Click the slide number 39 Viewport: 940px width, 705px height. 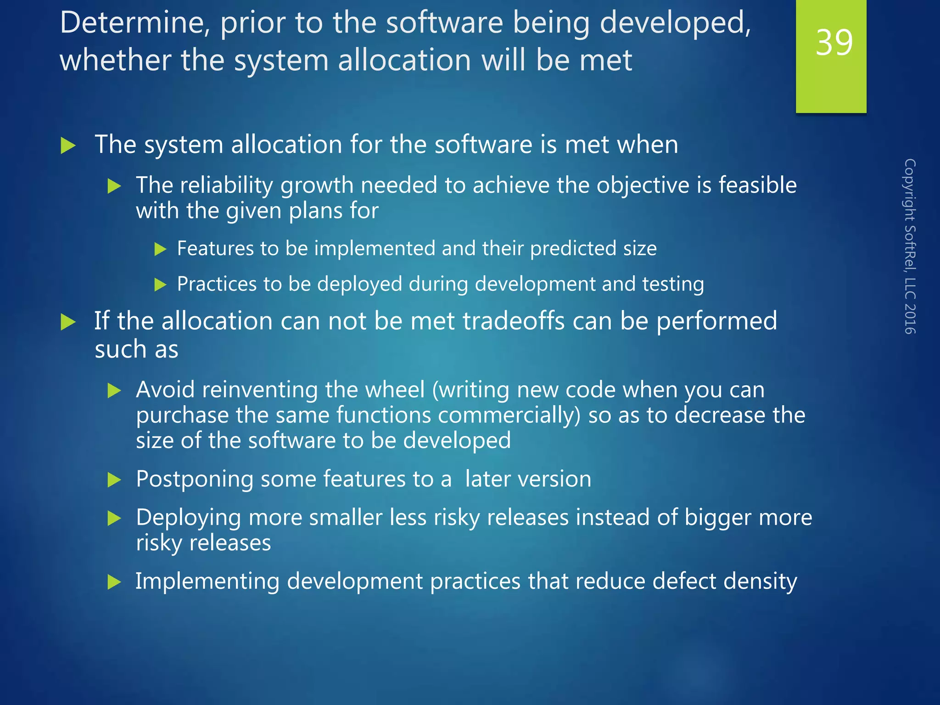tap(834, 43)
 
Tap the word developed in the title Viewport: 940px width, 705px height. tap(675, 23)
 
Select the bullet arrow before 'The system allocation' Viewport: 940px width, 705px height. tap(68, 146)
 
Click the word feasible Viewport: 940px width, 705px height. tap(757, 185)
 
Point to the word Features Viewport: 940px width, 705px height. tap(215, 249)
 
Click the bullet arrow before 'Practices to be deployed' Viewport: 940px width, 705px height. tap(160, 285)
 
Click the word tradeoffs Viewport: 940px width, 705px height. tap(514, 321)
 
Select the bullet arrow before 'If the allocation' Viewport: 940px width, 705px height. tap(68, 322)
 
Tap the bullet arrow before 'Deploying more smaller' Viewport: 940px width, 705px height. tap(114, 519)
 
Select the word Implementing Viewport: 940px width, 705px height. tap(207, 582)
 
